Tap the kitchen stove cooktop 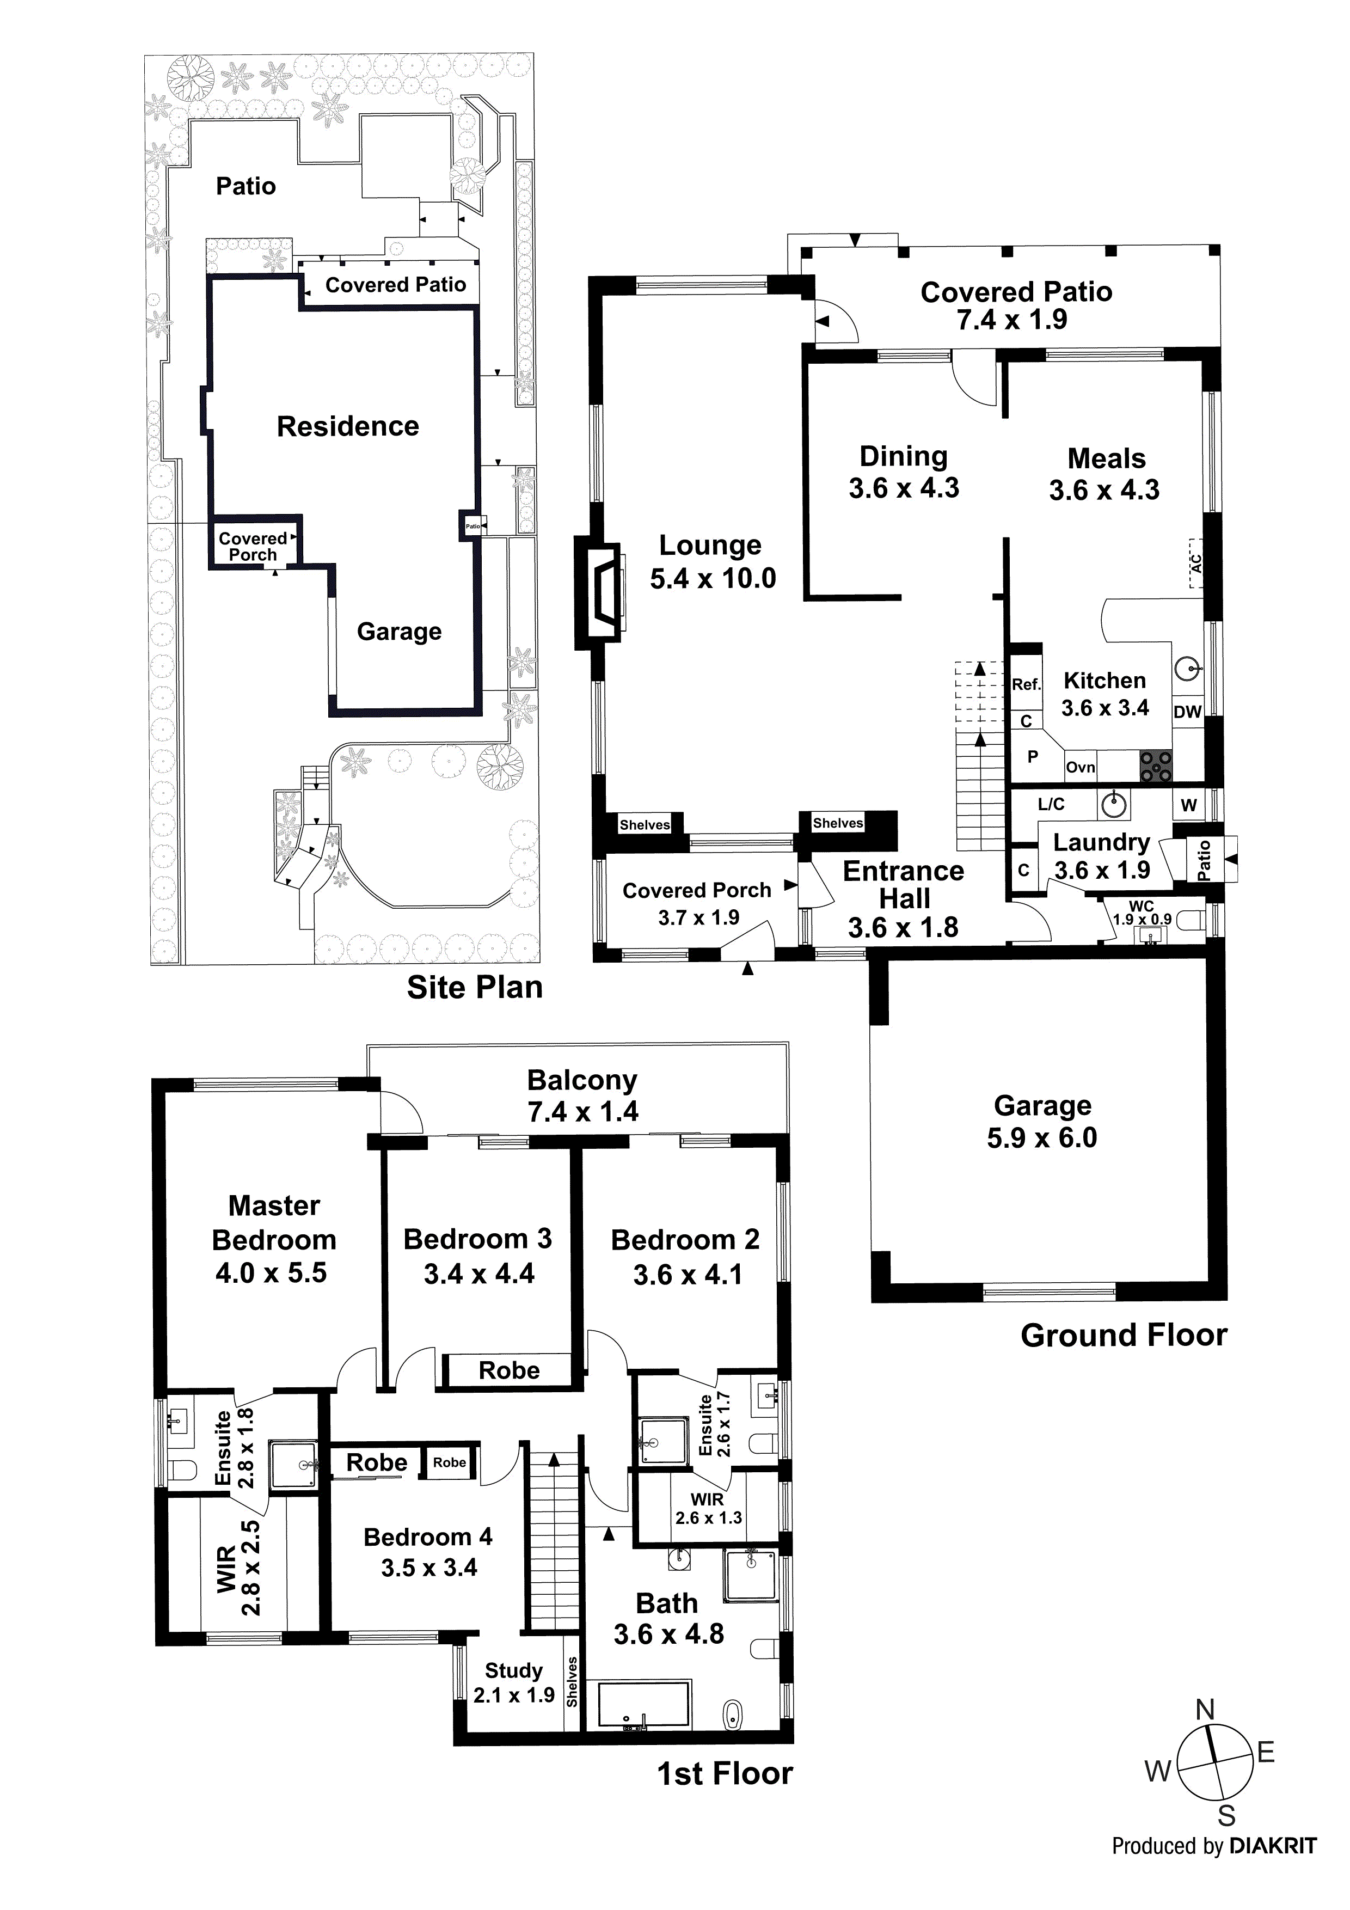1155,766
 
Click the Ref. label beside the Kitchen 1026,684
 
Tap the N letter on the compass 1205,1710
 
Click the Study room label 513,1670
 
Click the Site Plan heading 474,988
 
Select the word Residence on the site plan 348,427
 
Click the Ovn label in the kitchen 1081,768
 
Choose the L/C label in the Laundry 1051,804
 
